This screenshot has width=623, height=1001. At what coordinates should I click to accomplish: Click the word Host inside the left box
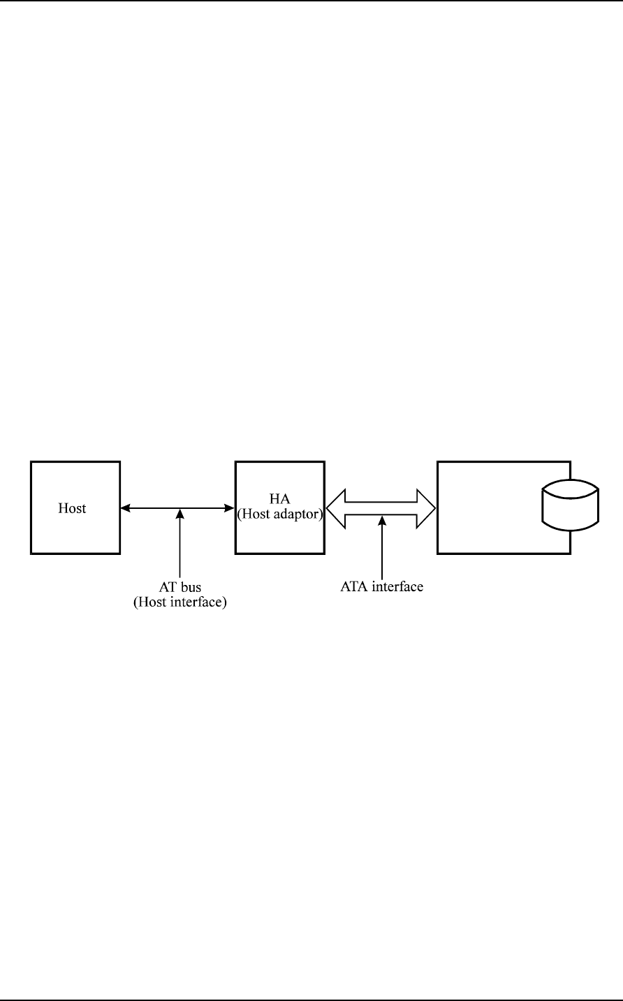coord(71,508)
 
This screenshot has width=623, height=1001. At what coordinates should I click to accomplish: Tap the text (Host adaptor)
coord(279,515)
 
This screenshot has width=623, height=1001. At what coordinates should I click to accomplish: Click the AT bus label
coord(180,588)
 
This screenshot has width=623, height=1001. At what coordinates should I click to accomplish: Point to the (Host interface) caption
coord(180,602)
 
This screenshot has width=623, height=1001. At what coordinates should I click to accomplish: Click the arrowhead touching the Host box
coord(125,508)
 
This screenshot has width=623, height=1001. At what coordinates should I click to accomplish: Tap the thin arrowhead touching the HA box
coord(230,508)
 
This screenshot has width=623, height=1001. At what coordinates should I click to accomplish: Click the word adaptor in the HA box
coord(295,515)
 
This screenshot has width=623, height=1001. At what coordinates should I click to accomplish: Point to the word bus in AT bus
coord(191,588)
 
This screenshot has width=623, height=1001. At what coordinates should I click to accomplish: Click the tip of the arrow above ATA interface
coord(381,517)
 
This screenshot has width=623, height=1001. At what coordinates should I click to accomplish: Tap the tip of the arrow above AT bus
coord(180,510)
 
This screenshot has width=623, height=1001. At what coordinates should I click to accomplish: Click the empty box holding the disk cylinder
coord(489,507)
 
